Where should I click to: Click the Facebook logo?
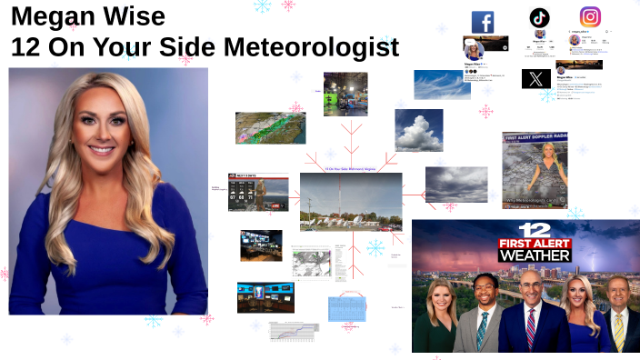483,22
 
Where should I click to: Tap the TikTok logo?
540,17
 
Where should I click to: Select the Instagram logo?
591,17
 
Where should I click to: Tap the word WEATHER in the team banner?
535,255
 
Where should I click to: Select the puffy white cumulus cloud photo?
418,129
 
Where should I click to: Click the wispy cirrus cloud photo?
442,84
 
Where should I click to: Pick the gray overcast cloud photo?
455,185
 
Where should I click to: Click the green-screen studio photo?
345,93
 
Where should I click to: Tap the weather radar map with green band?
270,128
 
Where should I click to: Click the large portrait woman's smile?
101,148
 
